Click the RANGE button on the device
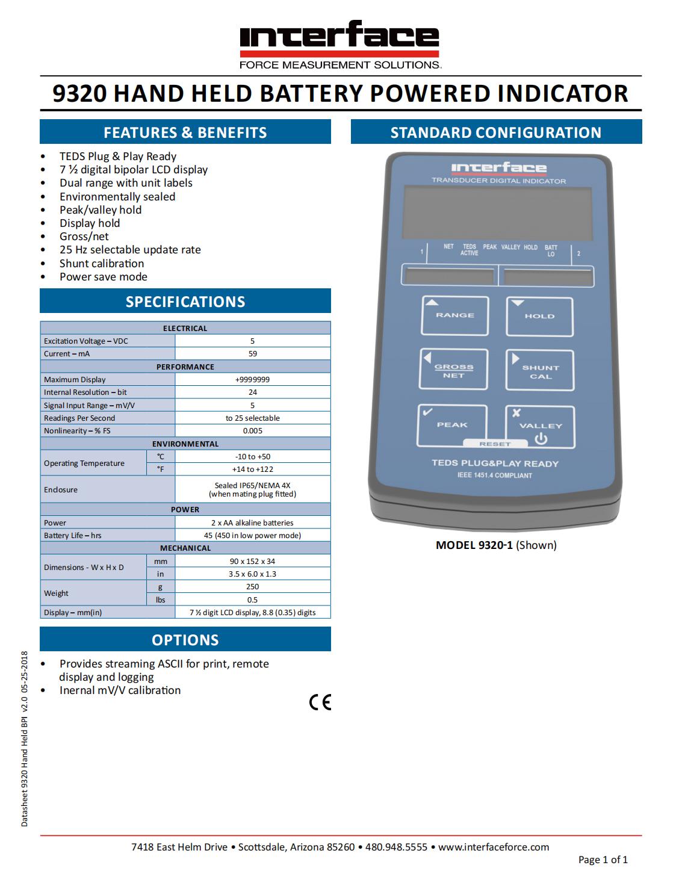pyautogui.click(x=454, y=315)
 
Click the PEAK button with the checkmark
pyautogui.click(x=452, y=425)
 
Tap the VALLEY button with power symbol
pyautogui.click(x=540, y=427)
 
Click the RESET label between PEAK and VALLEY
pyautogui.click(x=495, y=444)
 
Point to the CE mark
pyautogui.click(x=320, y=702)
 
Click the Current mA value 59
pyautogui.click(x=253, y=354)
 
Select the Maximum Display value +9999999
pyautogui.click(x=253, y=380)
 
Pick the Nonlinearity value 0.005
pyautogui.click(x=253, y=431)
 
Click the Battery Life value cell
pyautogui.click(x=253, y=536)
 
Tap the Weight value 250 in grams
pyautogui.click(x=253, y=587)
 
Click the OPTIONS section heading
pyautogui.click(x=185, y=640)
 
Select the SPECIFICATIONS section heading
pyautogui.click(x=185, y=302)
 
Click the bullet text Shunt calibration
pyautogui.click(x=102, y=264)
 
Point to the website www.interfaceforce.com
pyautogui.click(x=494, y=847)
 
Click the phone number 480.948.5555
pyautogui.click(x=396, y=847)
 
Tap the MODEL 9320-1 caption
pyautogui.click(x=496, y=545)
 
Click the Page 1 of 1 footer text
pyautogui.click(x=603, y=860)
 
